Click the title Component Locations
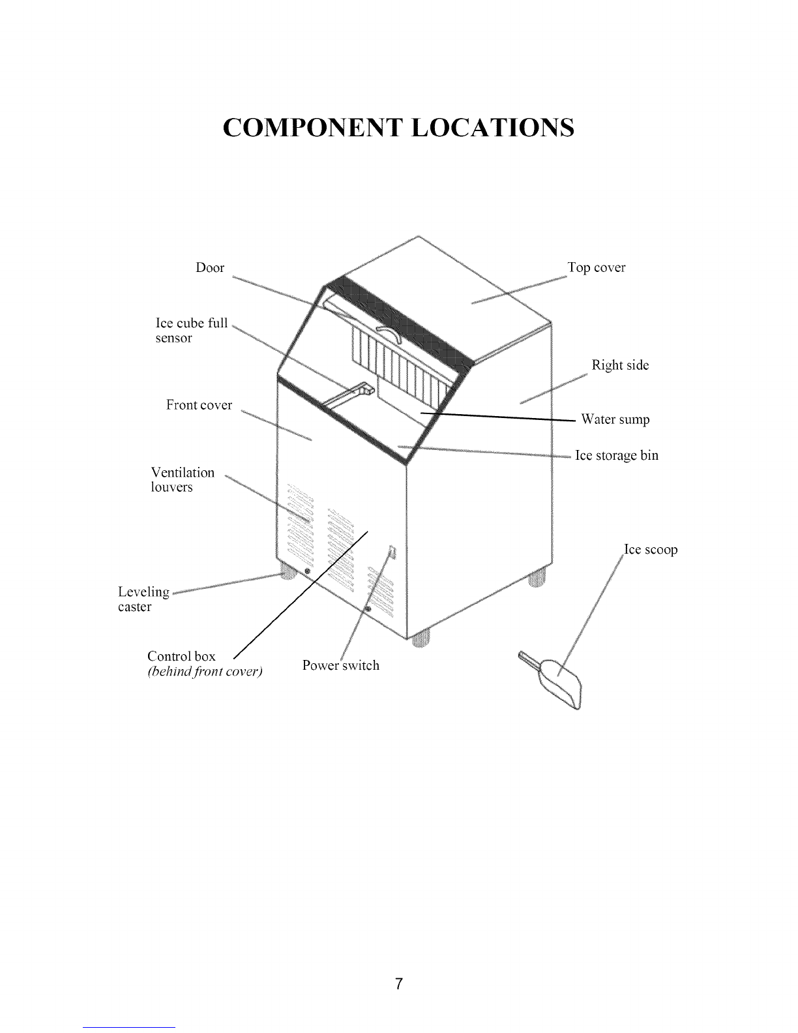point(398,127)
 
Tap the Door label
point(209,267)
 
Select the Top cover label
point(597,267)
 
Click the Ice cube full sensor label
point(192,331)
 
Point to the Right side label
point(620,365)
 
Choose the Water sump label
point(615,419)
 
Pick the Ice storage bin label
point(617,455)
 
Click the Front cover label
point(199,405)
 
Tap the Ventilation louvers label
point(183,480)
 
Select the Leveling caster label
point(143,599)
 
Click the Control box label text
point(181,656)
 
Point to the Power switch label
point(341,665)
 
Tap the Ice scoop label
point(651,550)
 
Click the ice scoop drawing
point(554,679)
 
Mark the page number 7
point(399,983)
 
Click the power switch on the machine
point(392,552)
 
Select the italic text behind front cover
point(205,671)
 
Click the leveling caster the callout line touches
point(288,571)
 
